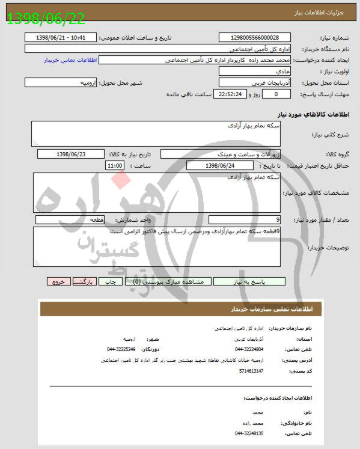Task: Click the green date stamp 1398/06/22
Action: [x=46, y=17]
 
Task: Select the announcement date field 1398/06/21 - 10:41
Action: [x=61, y=37]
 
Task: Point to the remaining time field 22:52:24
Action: [x=231, y=94]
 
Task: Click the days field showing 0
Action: [x=276, y=94]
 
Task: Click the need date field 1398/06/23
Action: [x=70, y=154]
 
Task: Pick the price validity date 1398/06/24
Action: [x=221, y=165]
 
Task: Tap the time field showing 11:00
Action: [x=115, y=165]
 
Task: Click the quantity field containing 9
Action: [x=243, y=220]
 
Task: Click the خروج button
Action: [x=58, y=281]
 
